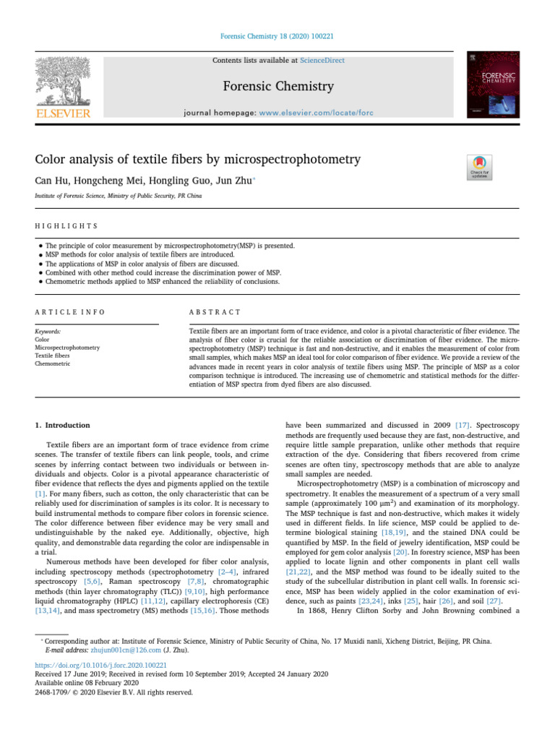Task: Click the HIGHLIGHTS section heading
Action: (x=66, y=226)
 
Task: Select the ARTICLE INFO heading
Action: (x=70, y=311)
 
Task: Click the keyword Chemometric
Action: (x=53, y=364)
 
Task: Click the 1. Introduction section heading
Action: (x=63, y=426)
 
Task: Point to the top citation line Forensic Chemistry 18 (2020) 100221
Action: (x=277, y=36)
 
